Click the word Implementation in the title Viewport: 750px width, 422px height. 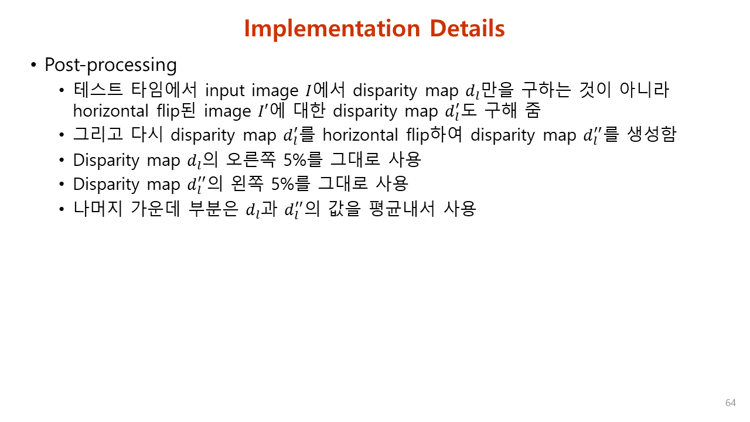point(332,29)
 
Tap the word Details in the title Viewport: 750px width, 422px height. point(467,29)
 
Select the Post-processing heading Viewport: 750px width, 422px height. point(111,64)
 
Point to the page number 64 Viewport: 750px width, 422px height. point(731,403)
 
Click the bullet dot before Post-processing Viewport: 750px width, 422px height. point(33,64)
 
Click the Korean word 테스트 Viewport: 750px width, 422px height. point(98,89)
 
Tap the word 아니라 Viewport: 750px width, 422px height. point(645,89)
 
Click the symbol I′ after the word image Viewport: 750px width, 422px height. point(264,111)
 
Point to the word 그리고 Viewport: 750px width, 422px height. point(98,134)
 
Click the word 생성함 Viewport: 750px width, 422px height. point(652,134)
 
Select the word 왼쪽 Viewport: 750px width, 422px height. point(247,183)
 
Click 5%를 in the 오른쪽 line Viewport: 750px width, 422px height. point(303,159)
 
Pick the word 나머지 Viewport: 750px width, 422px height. point(98,208)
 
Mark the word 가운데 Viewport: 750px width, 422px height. point(156,208)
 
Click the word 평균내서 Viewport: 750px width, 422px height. point(402,208)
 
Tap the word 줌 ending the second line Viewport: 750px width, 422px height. point(533,110)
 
